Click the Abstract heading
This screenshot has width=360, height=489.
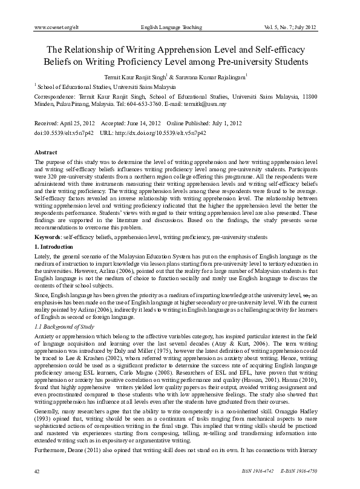(x=47, y=153)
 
